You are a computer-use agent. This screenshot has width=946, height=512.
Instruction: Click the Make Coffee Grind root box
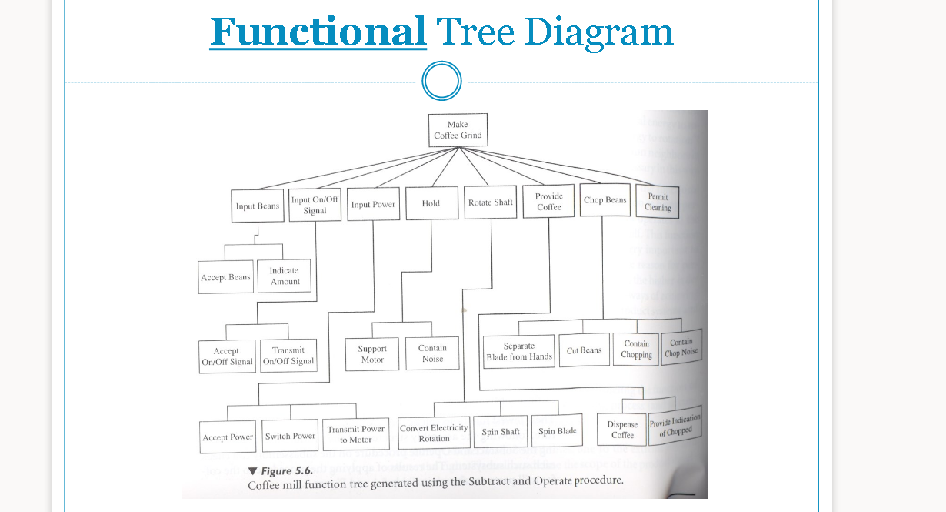(458, 130)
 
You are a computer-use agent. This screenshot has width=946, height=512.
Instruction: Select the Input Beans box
(258, 206)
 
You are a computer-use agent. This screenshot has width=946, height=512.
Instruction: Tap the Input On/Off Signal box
(315, 206)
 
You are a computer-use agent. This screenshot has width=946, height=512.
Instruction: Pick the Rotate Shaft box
(490, 202)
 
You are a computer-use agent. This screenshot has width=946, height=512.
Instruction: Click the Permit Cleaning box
(658, 202)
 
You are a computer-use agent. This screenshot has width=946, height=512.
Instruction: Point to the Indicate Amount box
(285, 276)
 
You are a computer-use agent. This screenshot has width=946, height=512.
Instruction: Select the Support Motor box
(372, 354)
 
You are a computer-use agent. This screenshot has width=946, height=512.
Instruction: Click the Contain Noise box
(432, 353)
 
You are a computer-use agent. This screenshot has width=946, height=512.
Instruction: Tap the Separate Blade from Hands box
(519, 351)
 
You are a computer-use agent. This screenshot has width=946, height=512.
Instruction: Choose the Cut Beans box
(585, 350)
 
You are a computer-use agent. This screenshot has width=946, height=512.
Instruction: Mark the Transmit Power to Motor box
(356, 434)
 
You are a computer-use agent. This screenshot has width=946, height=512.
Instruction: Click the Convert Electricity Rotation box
(434, 433)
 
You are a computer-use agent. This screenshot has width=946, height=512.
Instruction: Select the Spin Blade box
(558, 431)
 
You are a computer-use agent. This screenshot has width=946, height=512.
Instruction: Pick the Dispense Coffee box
(622, 430)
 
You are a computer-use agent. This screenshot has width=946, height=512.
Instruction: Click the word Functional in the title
(318, 32)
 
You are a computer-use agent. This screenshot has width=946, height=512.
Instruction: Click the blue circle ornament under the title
(441, 81)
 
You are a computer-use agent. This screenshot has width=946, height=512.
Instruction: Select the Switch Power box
(290, 436)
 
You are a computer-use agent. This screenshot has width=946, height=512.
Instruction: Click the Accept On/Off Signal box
(227, 356)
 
